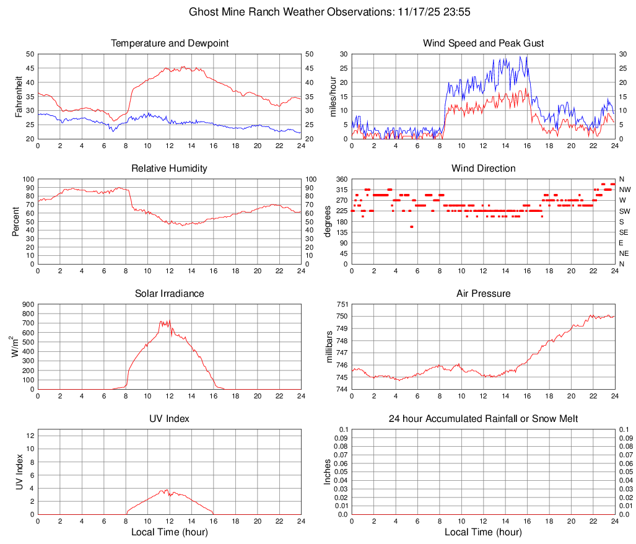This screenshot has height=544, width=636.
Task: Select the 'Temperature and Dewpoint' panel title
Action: click(x=170, y=43)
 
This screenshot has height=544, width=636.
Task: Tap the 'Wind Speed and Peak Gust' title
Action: click(x=483, y=43)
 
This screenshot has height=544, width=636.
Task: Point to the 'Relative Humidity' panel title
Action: click(x=170, y=169)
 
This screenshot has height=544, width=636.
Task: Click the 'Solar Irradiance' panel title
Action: click(x=170, y=294)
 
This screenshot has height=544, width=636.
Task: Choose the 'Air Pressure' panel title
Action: click(x=483, y=294)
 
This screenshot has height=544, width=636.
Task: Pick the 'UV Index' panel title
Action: click(x=170, y=419)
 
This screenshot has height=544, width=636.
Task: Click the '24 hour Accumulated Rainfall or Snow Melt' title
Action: click(x=483, y=419)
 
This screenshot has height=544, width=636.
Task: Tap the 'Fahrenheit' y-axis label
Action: click(x=18, y=96)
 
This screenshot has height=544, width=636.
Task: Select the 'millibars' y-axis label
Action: click(x=330, y=347)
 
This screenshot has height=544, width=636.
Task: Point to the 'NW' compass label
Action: click(x=625, y=190)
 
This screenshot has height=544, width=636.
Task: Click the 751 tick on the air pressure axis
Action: click(x=342, y=304)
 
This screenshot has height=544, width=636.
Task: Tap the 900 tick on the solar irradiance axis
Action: click(x=28, y=304)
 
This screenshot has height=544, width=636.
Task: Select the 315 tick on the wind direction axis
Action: click(x=342, y=190)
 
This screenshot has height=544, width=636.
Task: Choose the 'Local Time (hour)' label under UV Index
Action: click(x=170, y=532)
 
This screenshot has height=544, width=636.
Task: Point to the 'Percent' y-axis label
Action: click(x=17, y=221)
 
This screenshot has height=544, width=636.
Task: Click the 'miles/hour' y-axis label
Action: click(x=333, y=96)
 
